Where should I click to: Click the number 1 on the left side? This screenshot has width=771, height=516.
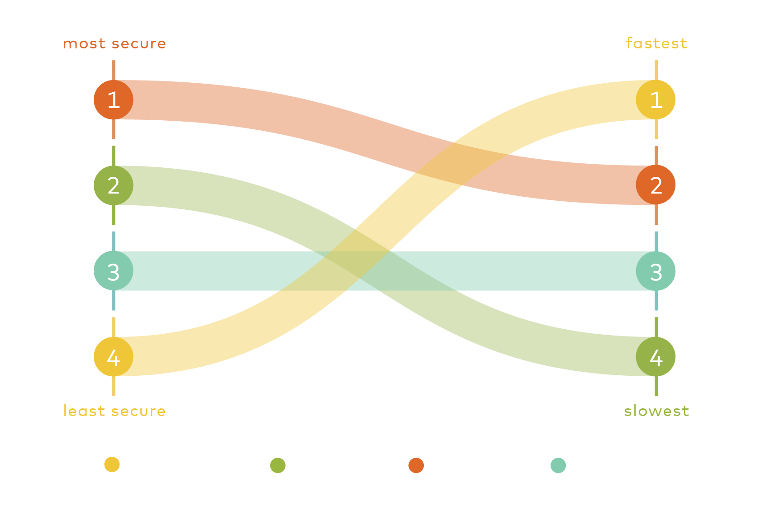[114, 100]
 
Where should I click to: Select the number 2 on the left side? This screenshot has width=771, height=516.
[114, 186]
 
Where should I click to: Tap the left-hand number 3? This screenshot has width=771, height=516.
[114, 272]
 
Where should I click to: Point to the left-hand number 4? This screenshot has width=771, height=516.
[114, 358]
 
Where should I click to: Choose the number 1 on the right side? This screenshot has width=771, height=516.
[656, 100]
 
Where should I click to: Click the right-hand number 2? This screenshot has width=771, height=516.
[656, 186]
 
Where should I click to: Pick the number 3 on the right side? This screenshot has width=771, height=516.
[656, 272]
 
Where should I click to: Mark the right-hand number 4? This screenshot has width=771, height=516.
[656, 358]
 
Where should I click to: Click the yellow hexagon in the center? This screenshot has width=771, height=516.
[407, 210]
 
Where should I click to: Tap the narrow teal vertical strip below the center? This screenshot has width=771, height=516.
[362, 335]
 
